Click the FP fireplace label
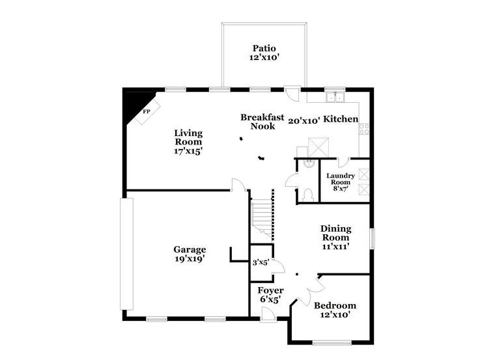click(x=147, y=112)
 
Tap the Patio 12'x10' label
click(x=264, y=53)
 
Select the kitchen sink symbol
click(x=335, y=97)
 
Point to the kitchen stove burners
click(x=364, y=129)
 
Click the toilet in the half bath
click(x=307, y=195)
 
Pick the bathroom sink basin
click(x=308, y=163)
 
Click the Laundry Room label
click(x=340, y=182)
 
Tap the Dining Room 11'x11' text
click(x=335, y=237)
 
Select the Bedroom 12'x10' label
click(x=335, y=310)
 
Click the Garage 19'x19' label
click(x=190, y=254)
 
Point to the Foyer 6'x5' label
click(x=270, y=295)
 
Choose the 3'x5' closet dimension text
click(x=261, y=262)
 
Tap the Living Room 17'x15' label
click(x=188, y=142)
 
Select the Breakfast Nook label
click(x=262, y=122)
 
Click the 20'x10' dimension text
click(x=304, y=120)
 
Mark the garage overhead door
click(x=126, y=254)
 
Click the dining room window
click(x=373, y=238)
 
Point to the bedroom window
click(x=332, y=342)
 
